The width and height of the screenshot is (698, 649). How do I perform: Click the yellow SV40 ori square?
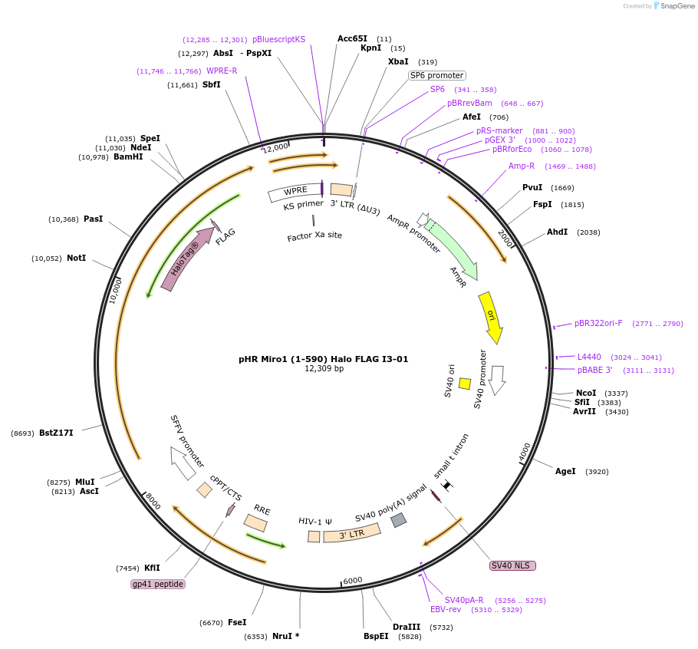click(465, 384)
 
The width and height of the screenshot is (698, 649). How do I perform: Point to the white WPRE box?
click(295, 192)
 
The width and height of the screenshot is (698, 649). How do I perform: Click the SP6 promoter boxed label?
click(437, 75)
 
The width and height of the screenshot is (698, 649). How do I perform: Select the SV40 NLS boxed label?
click(512, 565)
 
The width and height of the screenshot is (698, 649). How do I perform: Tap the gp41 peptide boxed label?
click(158, 584)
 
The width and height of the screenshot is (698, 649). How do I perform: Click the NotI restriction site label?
click(76, 258)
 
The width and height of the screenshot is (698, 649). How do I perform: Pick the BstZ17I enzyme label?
click(56, 433)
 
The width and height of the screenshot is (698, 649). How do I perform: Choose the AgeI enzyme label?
click(565, 471)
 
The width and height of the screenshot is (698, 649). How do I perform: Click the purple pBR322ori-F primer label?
click(598, 323)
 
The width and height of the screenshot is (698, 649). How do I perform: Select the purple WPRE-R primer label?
click(222, 71)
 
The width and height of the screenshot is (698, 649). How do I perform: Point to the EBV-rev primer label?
click(446, 609)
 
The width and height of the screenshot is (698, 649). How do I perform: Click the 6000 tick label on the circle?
click(353, 581)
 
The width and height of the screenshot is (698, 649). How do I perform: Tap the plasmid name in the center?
click(323, 359)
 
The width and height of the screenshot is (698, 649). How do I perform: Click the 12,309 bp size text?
click(324, 368)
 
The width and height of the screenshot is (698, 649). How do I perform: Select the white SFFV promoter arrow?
click(183, 463)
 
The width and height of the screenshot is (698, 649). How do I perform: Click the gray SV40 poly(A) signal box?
click(398, 520)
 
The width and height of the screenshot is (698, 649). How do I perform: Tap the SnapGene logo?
click(673, 6)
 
